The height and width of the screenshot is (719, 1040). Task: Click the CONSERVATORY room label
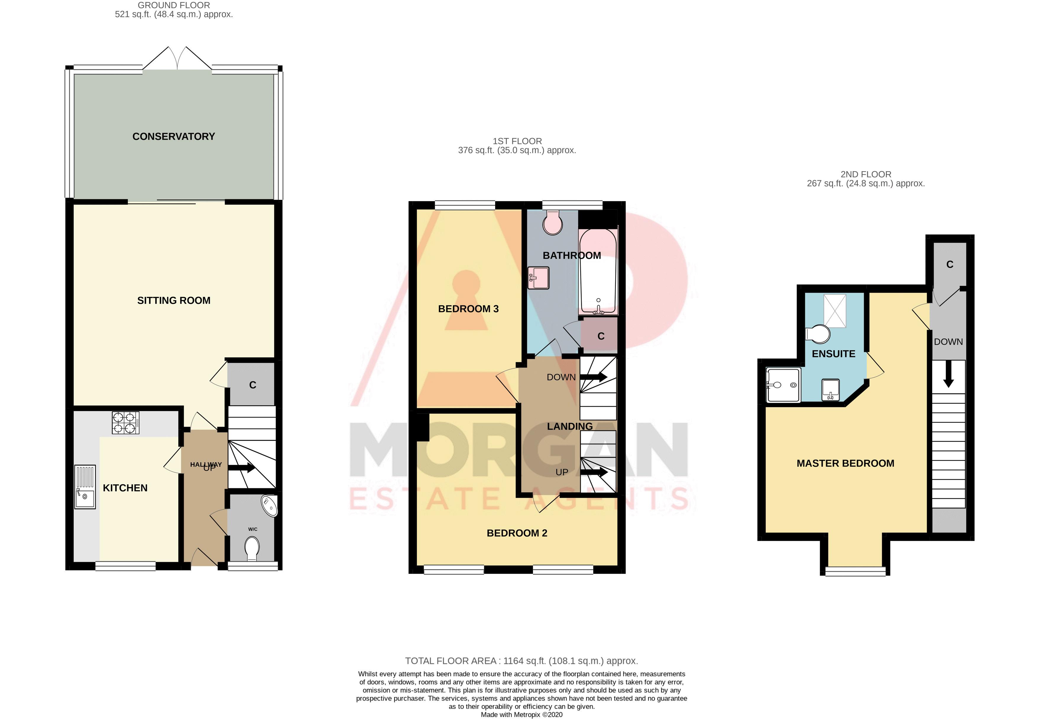coord(174,137)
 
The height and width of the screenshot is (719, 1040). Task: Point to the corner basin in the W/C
coord(271,506)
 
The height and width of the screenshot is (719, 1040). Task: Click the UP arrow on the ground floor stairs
coord(242,468)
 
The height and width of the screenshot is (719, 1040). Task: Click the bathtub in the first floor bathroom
coord(598,272)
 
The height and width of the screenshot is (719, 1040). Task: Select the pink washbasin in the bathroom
coord(539,278)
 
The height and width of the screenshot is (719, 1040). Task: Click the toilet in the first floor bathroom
coord(552,224)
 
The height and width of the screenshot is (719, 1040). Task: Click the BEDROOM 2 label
coord(517,533)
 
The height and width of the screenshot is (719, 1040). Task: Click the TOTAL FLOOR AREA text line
coord(521,661)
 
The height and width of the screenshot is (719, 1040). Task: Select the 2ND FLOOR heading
coord(865,174)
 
